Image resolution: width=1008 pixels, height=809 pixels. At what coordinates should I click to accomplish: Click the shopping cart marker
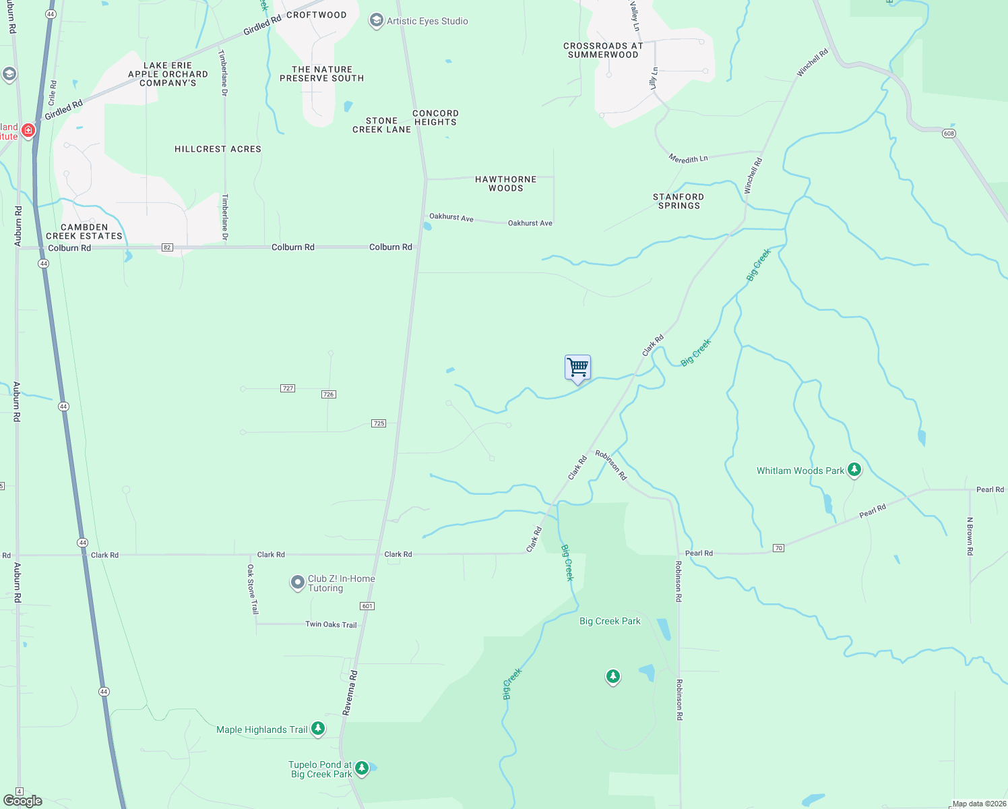[577, 368]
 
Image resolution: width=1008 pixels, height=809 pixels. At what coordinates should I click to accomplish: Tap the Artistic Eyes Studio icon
[376, 21]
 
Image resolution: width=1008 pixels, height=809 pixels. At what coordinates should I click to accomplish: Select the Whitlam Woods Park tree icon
[854, 470]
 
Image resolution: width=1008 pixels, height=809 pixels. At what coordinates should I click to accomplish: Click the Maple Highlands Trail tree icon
[318, 729]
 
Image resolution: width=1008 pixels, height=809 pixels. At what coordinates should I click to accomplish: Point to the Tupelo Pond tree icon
[362, 768]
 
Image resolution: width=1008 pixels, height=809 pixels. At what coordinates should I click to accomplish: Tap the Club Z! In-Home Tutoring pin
[297, 582]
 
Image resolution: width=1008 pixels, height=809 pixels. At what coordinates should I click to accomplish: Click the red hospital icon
[28, 130]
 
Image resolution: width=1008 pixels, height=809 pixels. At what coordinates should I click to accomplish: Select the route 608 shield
[949, 133]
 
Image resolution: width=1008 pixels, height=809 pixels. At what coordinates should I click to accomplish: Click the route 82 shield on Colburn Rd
[167, 247]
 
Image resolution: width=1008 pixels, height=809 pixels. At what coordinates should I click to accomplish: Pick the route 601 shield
[367, 606]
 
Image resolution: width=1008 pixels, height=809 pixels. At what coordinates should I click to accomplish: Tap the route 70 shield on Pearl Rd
[778, 548]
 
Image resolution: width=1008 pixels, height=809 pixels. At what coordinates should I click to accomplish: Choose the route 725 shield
[379, 423]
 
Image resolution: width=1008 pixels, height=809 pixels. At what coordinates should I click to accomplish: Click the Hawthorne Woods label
[505, 183]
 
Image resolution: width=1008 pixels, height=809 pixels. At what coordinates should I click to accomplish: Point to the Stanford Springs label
[679, 201]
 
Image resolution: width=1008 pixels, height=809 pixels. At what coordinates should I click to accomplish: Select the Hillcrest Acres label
[218, 149]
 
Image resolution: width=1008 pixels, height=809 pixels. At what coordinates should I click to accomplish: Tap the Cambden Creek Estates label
[84, 231]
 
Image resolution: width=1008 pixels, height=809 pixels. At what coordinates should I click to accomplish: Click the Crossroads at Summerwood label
[603, 50]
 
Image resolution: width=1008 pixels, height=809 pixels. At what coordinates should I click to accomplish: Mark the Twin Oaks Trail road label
[331, 624]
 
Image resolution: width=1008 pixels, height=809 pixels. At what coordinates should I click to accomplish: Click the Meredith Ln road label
[688, 159]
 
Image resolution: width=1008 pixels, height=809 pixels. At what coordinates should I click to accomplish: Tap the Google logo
[23, 800]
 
